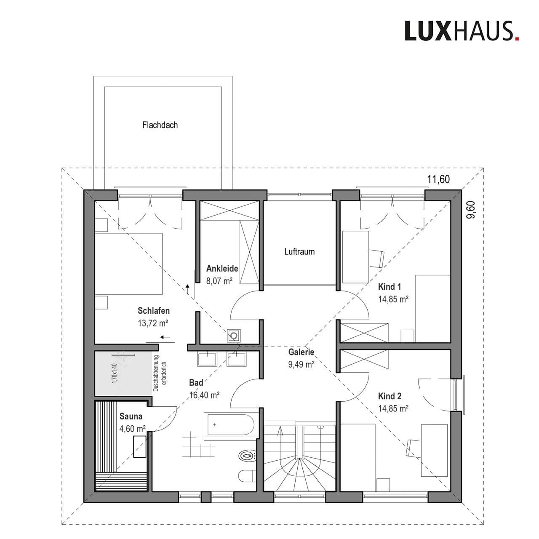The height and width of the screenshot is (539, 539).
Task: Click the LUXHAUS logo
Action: tap(462, 31)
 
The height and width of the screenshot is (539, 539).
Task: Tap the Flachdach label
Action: tap(160, 125)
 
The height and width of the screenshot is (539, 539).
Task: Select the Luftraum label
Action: tap(299, 251)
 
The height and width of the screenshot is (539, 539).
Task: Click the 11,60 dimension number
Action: tap(438, 179)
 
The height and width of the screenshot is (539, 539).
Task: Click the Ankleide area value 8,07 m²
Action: tap(219, 280)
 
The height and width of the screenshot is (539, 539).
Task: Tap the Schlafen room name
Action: tap(154, 311)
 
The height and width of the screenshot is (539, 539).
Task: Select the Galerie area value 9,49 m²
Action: tap(301, 365)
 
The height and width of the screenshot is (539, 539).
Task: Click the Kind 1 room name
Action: tap(390, 287)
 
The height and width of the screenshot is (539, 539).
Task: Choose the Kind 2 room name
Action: tap(390, 396)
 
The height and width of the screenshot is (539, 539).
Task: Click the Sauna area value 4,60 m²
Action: tap(133, 429)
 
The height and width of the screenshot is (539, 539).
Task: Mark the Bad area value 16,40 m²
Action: tap(204, 395)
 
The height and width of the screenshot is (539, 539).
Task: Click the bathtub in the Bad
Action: tap(229, 424)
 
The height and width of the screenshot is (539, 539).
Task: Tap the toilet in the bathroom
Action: tap(247, 456)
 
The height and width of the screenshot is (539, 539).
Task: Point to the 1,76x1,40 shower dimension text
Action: tap(114, 373)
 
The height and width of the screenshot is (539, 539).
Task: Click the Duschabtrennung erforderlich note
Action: tap(160, 374)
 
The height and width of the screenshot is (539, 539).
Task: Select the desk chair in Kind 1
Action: tap(376, 258)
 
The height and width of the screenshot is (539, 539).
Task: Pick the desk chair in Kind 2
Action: tap(412, 447)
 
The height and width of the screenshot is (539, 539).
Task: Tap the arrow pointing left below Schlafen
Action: tap(165, 337)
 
